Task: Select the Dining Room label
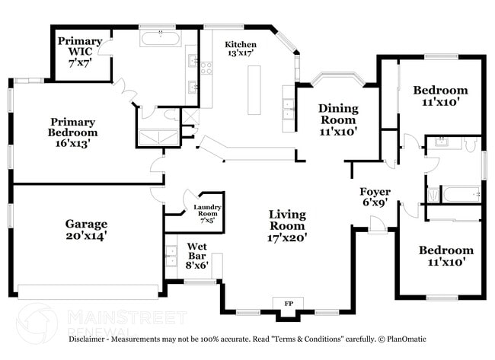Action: click(x=337, y=119)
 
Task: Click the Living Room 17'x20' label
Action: click(x=286, y=225)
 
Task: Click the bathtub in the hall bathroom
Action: click(x=460, y=194)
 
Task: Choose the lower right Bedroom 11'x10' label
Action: click(x=445, y=255)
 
